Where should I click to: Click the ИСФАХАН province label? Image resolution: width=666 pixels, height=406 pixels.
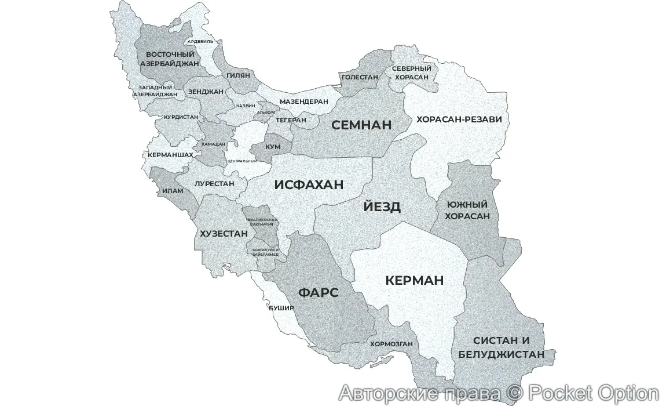(309, 185)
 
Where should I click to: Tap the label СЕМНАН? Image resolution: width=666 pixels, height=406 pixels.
(361, 125)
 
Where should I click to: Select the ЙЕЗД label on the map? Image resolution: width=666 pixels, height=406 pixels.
(382, 207)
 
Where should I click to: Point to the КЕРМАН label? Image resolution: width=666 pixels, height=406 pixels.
(414, 281)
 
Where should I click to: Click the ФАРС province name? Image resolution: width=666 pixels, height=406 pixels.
(318, 292)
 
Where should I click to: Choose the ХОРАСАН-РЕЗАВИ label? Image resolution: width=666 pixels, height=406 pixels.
(459, 119)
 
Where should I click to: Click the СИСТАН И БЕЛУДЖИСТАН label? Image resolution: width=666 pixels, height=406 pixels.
(501, 347)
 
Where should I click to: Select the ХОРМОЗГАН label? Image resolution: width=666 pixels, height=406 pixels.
(391, 343)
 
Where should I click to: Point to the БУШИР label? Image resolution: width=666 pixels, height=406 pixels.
(281, 308)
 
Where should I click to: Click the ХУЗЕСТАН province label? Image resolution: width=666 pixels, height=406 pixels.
(224, 234)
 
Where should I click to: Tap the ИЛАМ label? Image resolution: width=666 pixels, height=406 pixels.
(172, 190)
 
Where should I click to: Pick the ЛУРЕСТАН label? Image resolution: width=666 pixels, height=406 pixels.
(214, 183)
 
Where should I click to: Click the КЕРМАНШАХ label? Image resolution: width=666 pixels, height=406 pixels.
(170, 155)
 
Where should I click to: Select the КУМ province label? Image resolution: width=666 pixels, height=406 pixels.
(273, 147)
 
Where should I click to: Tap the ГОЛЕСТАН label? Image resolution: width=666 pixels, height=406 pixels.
(360, 77)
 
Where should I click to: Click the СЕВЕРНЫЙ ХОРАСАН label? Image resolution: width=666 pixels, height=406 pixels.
(411, 72)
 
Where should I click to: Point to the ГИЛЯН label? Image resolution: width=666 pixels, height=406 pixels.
(238, 75)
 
